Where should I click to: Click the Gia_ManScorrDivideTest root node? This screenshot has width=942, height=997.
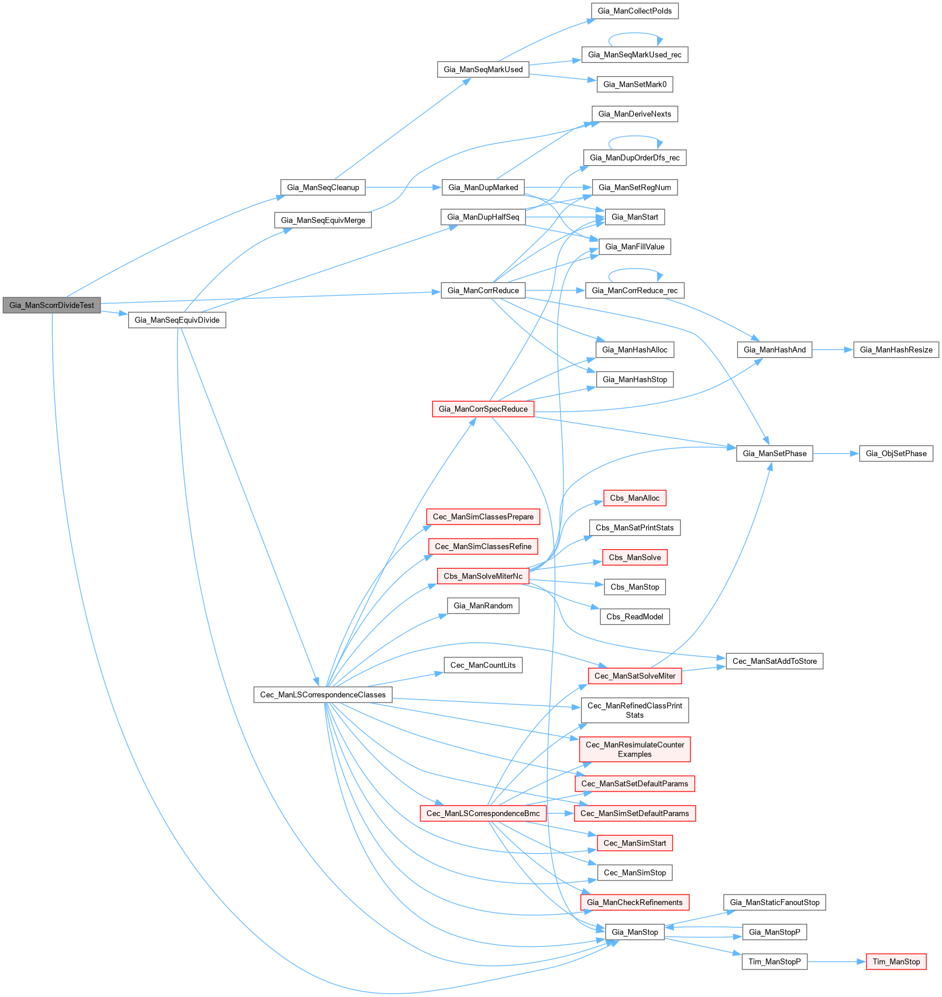click(x=51, y=305)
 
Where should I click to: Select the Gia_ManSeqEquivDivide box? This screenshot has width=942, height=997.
click(x=177, y=320)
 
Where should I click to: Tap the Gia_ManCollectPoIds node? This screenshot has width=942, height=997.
click(x=635, y=11)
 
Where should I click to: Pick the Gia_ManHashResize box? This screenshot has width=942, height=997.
click(x=896, y=350)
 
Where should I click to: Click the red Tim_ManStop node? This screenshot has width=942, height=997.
click(x=896, y=961)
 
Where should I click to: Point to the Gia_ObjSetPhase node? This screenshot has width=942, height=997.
click(x=896, y=453)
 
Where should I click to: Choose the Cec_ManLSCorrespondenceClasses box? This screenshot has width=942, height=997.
click(x=322, y=694)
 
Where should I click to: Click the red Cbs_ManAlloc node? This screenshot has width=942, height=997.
click(x=634, y=498)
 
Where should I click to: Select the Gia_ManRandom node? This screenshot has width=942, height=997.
click(x=483, y=605)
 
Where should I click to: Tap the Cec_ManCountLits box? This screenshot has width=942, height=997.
click(x=483, y=665)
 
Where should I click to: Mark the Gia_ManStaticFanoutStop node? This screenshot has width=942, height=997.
click(x=774, y=902)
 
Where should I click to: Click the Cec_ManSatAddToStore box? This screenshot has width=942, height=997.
click(x=774, y=661)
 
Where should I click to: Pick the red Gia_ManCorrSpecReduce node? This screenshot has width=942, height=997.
click(x=483, y=409)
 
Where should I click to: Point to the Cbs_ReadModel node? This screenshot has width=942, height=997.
click(x=634, y=616)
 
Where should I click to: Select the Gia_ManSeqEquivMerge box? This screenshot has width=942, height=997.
click(x=322, y=220)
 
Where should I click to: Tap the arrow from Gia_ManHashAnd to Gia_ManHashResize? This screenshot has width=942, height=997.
click(x=832, y=350)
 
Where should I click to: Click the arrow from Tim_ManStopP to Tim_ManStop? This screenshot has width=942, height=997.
click(x=836, y=961)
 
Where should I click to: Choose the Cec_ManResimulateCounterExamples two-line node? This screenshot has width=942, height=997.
click(x=634, y=749)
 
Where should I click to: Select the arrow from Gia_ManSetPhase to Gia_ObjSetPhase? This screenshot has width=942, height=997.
click(x=836, y=453)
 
